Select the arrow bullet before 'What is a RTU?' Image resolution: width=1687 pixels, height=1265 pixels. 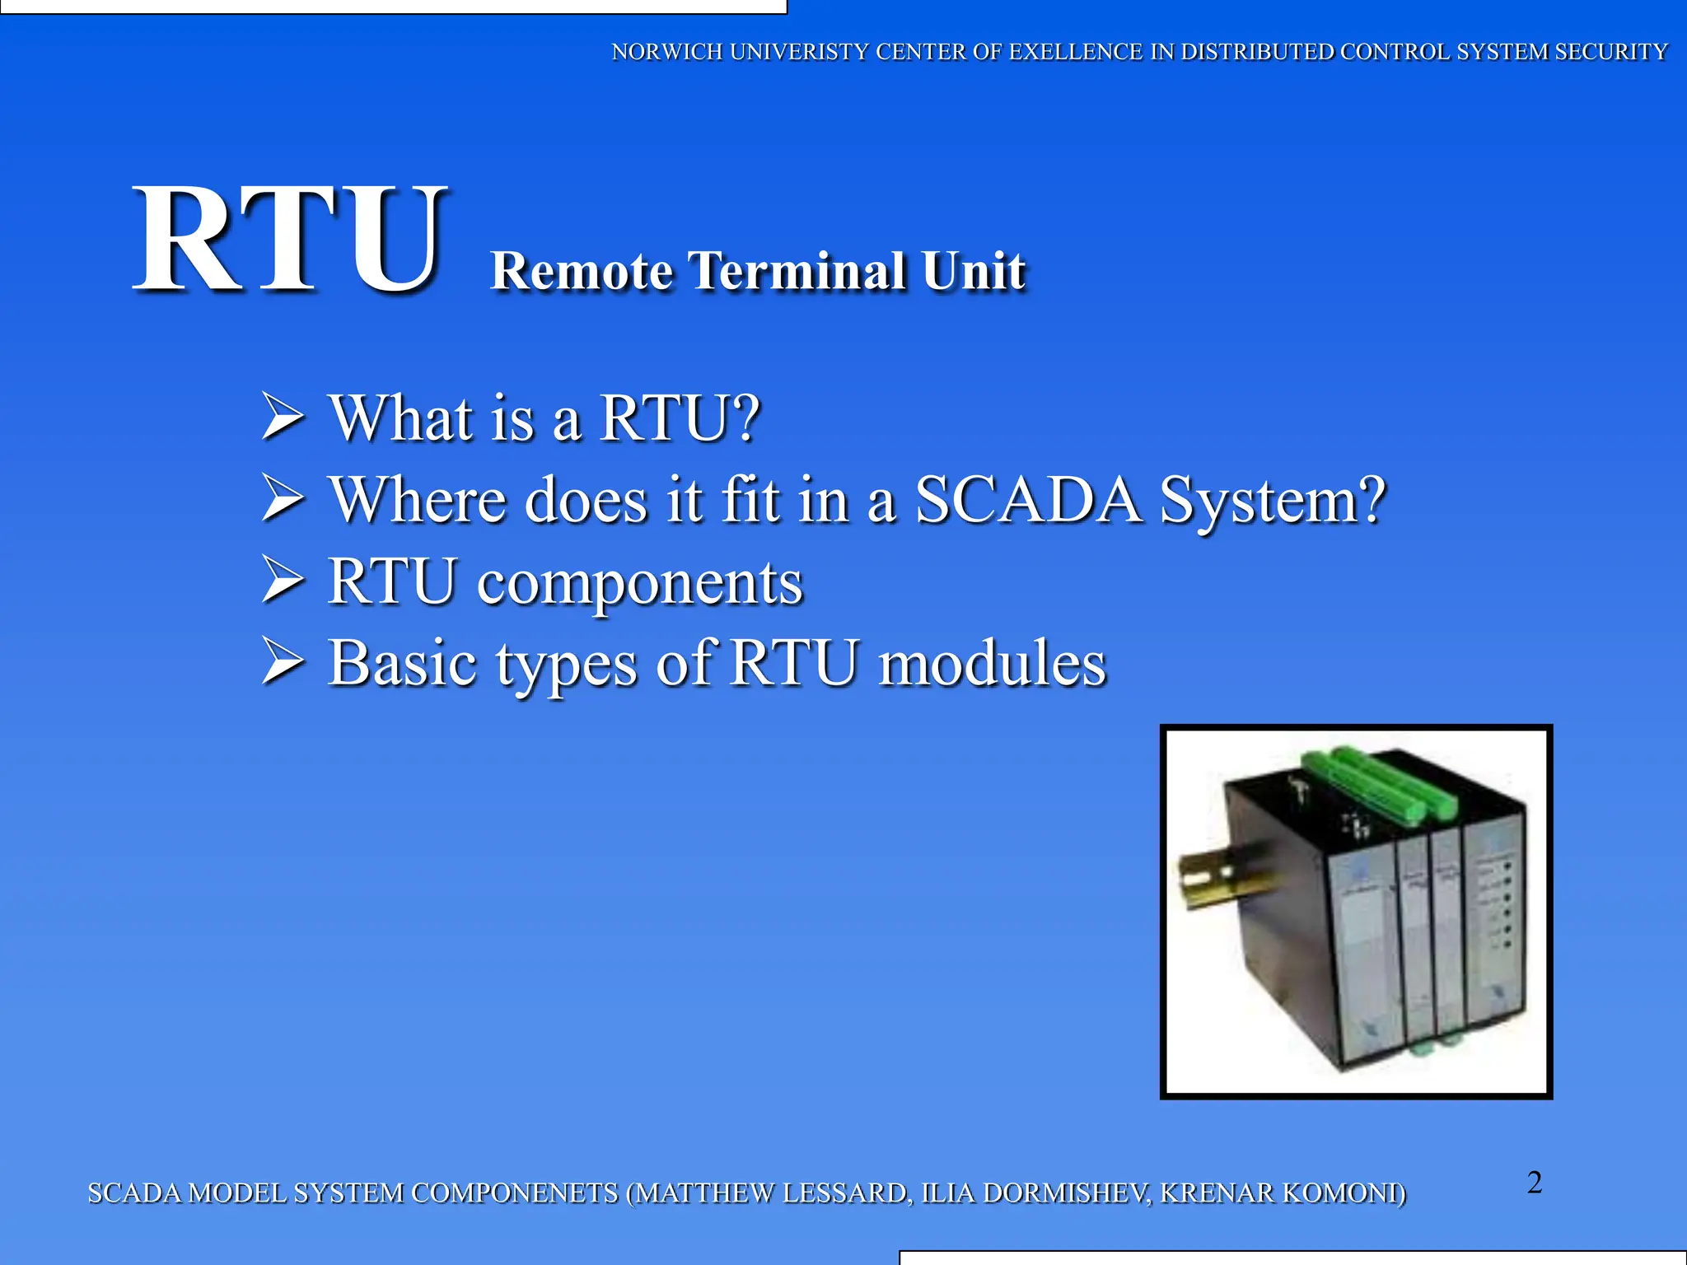pyautogui.click(x=283, y=416)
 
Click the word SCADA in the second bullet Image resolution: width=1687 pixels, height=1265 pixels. pyautogui.click(x=1028, y=500)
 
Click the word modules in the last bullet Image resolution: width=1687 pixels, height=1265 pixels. pyautogui.click(x=992, y=664)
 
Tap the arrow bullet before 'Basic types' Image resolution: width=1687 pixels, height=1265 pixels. pyautogui.click(x=283, y=661)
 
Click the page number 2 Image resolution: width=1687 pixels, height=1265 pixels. pyautogui.click(x=1534, y=1183)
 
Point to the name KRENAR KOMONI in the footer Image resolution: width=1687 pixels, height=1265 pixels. pyautogui.click(x=1282, y=1193)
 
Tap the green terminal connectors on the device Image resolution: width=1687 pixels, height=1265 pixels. pyautogui.click(x=1384, y=782)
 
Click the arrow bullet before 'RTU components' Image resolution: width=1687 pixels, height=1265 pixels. pyautogui.click(x=283, y=580)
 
